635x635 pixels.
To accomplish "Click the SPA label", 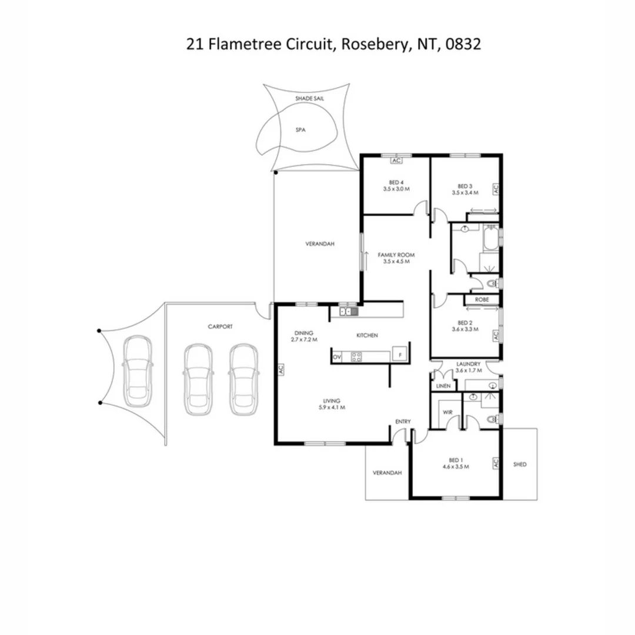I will pyautogui.click(x=302, y=131).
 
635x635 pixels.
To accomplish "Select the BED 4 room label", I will pyautogui.click(x=396, y=182).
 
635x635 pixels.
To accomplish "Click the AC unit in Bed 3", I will pyautogui.click(x=495, y=189).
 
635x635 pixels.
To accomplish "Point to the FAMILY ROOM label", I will pyautogui.click(x=396, y=255).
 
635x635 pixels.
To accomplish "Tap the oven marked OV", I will pyautogui.click(x=337, y=356).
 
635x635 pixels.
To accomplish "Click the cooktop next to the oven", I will pyautogui.click(x=356, y=356).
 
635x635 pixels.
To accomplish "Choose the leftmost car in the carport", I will pyautogui.click(x=138, y=375).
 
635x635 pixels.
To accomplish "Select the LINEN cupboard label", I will pyautogui.click(x=443, y=386).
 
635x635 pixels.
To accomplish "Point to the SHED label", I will pyautogui.click(x=520, y=464).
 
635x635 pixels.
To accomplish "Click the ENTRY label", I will pyautogui.click(x=403, y=421).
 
